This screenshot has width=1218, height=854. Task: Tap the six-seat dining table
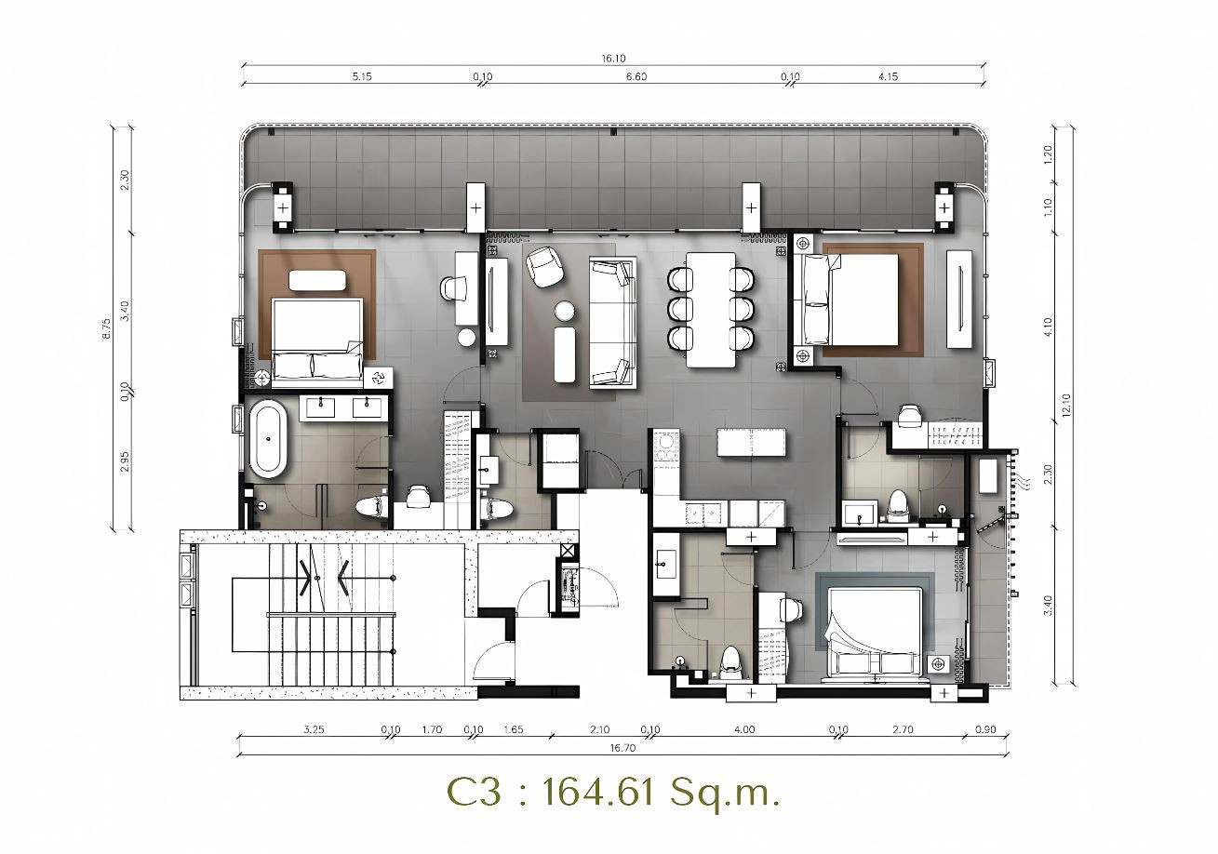(711, 309)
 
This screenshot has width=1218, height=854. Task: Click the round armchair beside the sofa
(545, 266)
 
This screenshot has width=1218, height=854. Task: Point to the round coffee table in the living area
(565, 311)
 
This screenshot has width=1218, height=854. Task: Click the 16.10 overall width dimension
(613, 59)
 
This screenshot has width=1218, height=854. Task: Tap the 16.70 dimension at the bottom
(622, 748)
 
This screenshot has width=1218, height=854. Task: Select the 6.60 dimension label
(636, 76)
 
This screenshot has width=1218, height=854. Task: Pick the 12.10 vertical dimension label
(1065, 405)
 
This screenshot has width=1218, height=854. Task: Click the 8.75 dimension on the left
(107, 329)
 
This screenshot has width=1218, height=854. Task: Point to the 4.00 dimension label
(744, 729)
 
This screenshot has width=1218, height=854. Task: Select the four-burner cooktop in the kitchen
(664, 447)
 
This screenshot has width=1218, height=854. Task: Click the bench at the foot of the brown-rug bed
(317, 281)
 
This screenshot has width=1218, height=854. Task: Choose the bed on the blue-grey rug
(874, 634)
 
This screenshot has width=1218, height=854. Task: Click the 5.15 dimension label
(362, 76)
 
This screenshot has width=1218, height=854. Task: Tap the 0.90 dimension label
(985, 729)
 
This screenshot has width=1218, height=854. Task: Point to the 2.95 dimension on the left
(125, 461)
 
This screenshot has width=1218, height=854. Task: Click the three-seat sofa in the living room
(613, 324)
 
